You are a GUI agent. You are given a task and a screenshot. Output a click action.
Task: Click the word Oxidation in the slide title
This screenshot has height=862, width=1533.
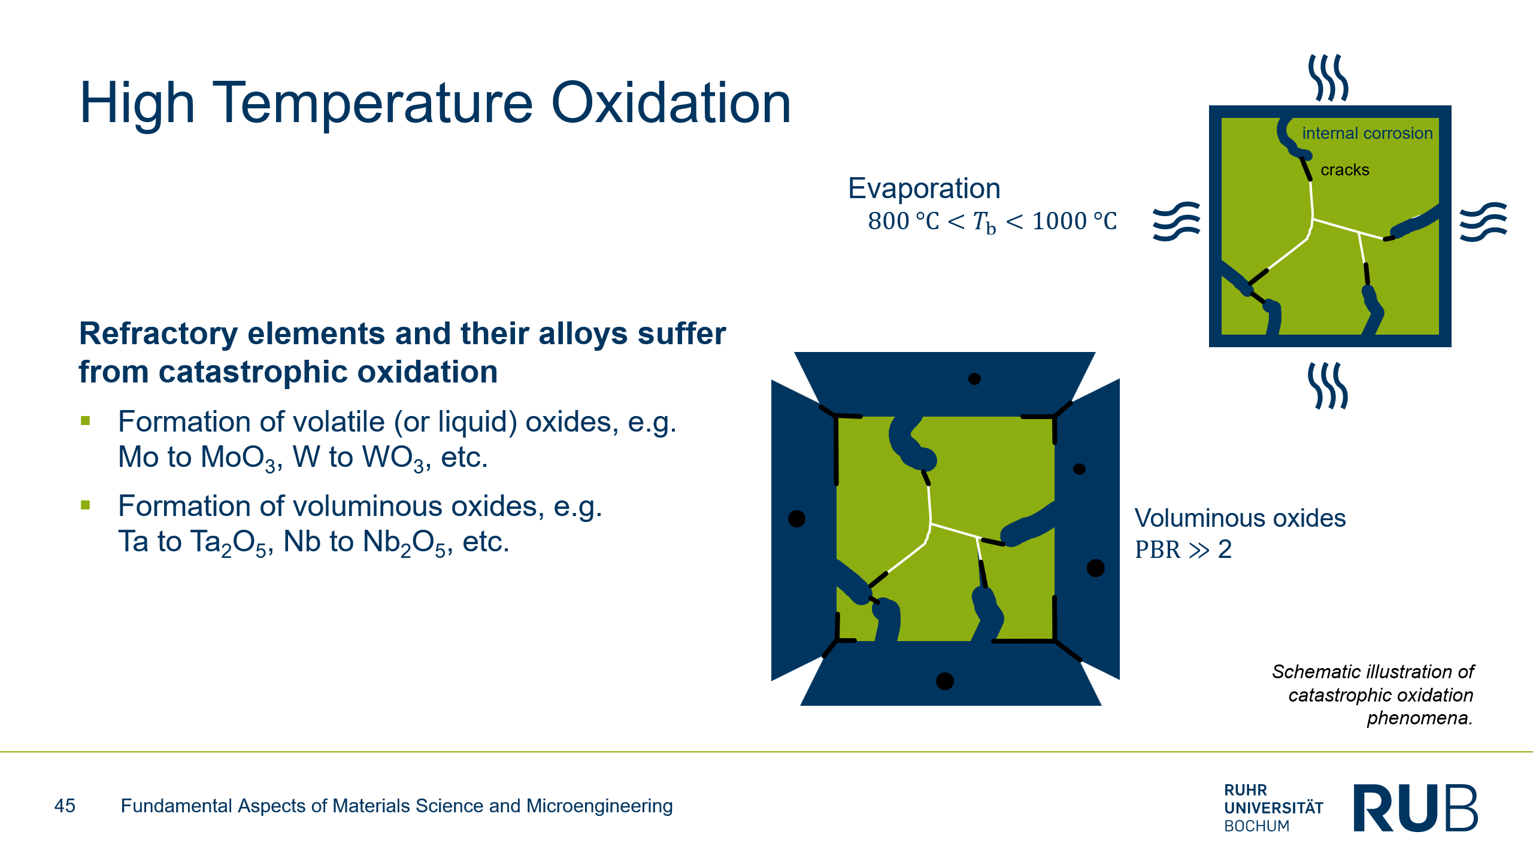tap(671, 104)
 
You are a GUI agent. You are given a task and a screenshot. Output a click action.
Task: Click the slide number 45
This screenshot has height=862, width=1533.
tap(65, 806)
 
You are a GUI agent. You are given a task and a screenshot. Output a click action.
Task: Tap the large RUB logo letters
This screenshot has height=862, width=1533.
tap(1416, 808)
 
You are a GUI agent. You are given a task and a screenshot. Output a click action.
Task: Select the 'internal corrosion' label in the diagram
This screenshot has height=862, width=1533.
tap(1367, 133)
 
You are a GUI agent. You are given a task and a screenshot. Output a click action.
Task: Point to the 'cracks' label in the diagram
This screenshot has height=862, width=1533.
tap(1345, 170)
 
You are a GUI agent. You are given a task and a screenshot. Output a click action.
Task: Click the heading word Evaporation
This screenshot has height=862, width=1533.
tap(924, 189)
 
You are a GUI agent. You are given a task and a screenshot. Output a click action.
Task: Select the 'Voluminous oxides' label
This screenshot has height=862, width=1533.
tap(1240, 518)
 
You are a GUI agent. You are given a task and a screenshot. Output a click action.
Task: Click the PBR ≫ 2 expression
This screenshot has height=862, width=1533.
tap(1183, 550)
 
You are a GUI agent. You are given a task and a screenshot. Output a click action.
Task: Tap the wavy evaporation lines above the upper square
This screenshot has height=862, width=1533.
tap(1328, 78)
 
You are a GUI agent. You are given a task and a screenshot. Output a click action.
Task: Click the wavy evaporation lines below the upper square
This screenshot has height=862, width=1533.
tap(1328, 386)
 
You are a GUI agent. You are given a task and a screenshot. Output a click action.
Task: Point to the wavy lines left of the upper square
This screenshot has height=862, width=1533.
tap(1177, 221)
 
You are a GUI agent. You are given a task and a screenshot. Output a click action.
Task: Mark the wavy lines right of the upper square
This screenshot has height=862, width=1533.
tap(1483, 221)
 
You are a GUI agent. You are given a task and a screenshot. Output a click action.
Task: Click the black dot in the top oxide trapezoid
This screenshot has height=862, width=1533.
tap(974, 379)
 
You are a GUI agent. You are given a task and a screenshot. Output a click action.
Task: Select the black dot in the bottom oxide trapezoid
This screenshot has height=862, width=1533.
tap(944, 681)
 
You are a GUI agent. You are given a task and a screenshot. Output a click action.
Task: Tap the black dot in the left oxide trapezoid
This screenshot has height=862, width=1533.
tap(796, 518)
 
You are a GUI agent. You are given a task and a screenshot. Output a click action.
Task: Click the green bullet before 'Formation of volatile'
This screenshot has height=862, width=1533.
tap(86, 421)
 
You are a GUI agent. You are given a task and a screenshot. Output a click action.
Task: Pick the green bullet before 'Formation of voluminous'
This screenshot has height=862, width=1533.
tap(86, 505)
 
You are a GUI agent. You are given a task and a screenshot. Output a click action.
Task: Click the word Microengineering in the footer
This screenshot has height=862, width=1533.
tap(599, 806)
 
